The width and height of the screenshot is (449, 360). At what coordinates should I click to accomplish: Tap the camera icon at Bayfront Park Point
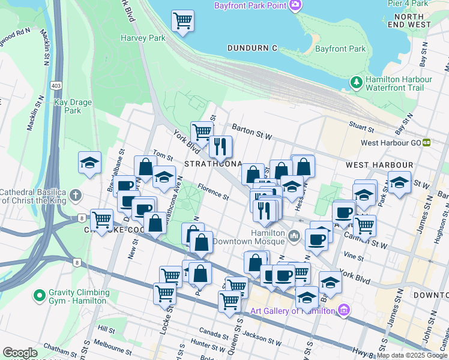pyautogui.click(x=295, y=6)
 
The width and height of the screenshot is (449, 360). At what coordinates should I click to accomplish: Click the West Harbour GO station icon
pyautogui.click(x=426, y=143)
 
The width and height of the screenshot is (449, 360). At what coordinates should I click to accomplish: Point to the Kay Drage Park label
pyautogui.click(x=73, y=106)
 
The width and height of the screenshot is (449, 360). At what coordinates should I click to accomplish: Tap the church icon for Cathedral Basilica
pyautogui.click(x=75, y=195)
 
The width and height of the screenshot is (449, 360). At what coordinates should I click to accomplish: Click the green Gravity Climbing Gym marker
pyautogui.click(x=40, y=296)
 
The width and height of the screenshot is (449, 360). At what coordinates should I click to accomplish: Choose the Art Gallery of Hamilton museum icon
pyautogui.click(x=343, y=310)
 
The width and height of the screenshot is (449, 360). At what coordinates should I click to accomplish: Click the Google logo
pyautogui.click(x=20, y=352)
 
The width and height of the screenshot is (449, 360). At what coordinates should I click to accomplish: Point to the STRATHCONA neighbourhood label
pyautogui.click(x=213, y=164)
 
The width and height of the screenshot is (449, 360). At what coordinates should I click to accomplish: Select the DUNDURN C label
pyautogui.click(x=252, y=47)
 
